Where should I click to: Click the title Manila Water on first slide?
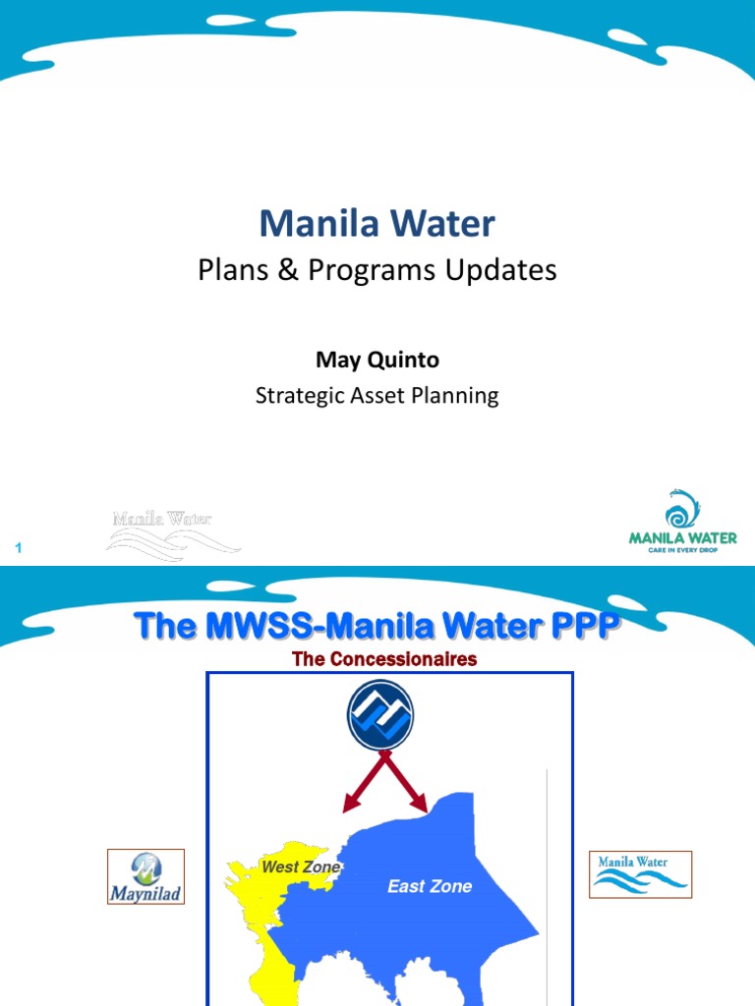pyautogui.click(x=377, y=224)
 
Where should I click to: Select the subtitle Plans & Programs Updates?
pyautogui.click(x=377, y=270)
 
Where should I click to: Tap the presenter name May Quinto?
pyautogui.click(x=377, y=361)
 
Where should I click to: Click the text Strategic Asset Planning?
pyautogui.click(x=377, y=396)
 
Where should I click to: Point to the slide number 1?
pyautogui.click(x=17, y=546)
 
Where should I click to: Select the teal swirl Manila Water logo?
pyautogui.click(x=682, y=522)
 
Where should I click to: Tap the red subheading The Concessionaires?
pyautogui.click(x=384, y=659)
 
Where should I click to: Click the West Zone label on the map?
pyautogui.click(x=300, y=867)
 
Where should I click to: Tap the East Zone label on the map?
pyautogui.click(x=430, y=886)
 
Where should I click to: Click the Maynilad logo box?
pyautogui.click(x=145, y=876)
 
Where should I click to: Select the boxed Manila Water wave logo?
pyautogui.click(x=640, y=874)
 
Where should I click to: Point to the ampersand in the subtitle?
pyautogui.click(x=287, y=270)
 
